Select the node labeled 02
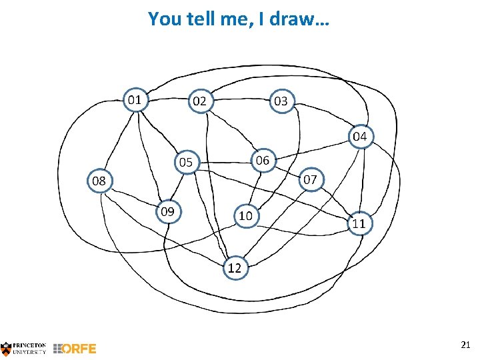tap(199, 101)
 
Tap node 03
tap(281, 101)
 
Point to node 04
tap(359, 137)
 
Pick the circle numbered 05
tap(185, 162)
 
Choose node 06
tap(263, 160)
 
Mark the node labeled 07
tap(310, 179)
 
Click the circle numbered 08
tap(99, 181)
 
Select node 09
tap(167, 211)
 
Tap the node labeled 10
tap(245, 215)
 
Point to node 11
tap(359, 223)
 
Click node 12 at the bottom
tap(235, 268)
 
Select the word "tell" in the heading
tap(198, 19)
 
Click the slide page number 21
tap(465, 344)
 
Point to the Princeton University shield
tap(6, 348)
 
